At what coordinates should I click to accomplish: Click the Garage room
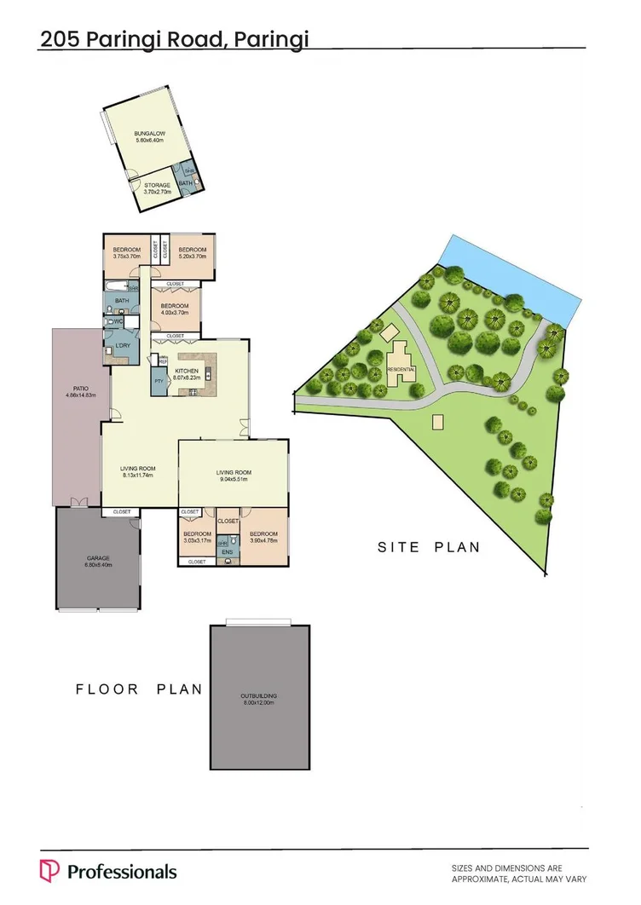click(x=97, y=559)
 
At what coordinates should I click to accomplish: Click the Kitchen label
click(x=187, y=372)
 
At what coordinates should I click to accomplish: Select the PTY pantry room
click(x=159, y=381)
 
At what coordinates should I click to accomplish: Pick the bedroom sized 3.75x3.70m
click(x=126, y=252)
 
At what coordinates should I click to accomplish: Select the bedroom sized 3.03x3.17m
click(x=197, y=536)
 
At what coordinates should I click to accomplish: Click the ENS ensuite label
click(x=227, y=552)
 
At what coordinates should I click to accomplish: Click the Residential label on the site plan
click(x=401, y=369)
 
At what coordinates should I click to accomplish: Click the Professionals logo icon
click(x=49, y=871)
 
